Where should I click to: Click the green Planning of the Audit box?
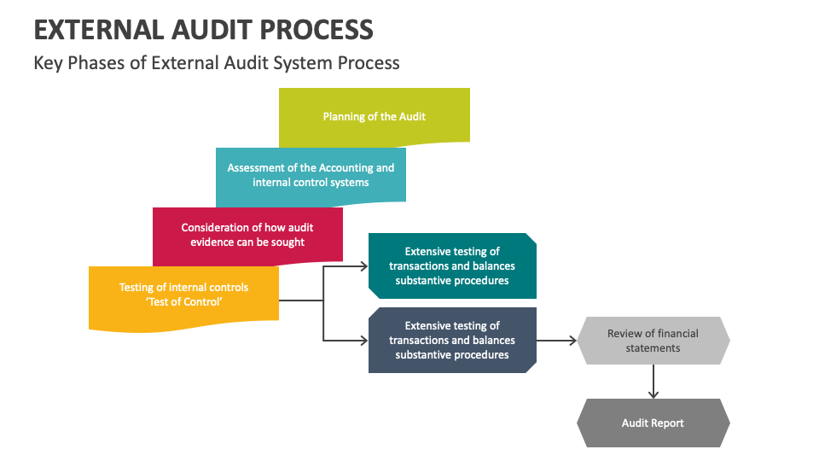coord(375,117)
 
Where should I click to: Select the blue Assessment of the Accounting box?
coord(311,176)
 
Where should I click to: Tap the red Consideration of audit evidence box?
coord(247,236)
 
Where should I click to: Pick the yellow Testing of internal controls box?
coord(184,298)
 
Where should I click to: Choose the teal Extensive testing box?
coord(452,266)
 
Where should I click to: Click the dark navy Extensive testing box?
coord(452,341)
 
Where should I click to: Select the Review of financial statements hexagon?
coord(653,341)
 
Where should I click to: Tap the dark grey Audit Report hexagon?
coord(653,423)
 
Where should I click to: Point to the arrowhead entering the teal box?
coord(364,266)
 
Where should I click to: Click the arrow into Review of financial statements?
coord(557,341)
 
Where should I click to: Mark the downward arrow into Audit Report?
coord(653,382)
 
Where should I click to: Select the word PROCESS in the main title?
coord(317,30)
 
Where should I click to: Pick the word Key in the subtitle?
coord(48,63)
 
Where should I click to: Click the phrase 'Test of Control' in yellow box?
coord(184,302)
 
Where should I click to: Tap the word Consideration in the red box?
coord(215,227)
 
